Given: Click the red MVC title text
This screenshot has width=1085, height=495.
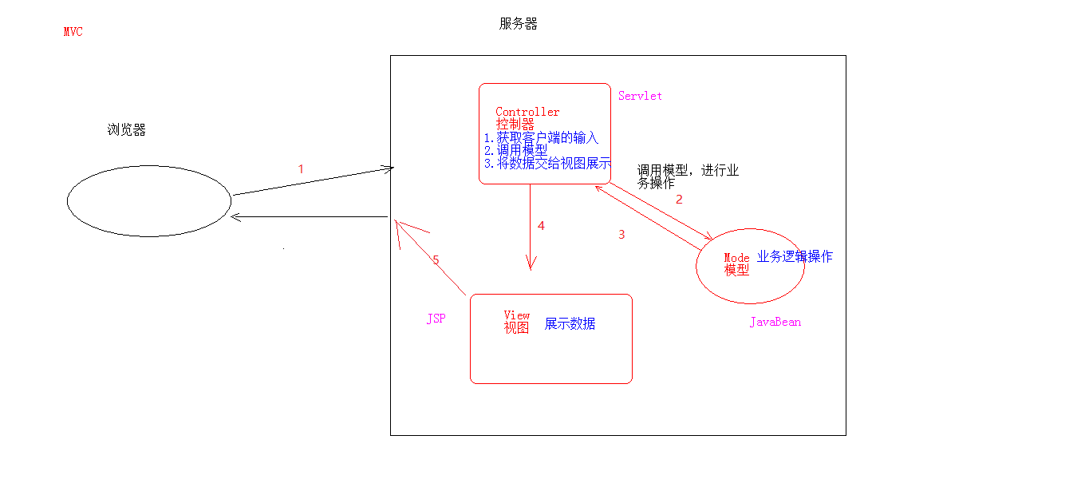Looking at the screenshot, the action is point(73,32).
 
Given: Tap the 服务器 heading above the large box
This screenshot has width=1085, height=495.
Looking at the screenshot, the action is point(519,24).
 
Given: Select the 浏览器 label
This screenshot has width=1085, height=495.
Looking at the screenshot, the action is point(126,130).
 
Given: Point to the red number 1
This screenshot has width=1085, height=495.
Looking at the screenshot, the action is point(301,169).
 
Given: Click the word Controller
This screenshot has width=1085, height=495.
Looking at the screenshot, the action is point(527,112).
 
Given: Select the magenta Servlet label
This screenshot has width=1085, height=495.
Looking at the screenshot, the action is point(640,96).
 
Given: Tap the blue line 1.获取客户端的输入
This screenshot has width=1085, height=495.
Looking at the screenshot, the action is point(541,137).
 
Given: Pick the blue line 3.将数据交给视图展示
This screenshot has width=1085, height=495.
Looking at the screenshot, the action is point(547,164).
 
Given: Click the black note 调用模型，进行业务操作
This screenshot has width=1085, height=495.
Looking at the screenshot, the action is point(688,176).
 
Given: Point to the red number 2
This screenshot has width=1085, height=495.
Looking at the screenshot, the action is point(679,200).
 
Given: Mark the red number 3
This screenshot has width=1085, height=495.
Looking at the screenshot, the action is point(621,235).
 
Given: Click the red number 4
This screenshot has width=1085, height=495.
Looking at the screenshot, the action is point(541,226).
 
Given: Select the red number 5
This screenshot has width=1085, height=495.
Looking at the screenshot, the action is point(436,260).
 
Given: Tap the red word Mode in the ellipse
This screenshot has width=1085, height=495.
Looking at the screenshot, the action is point(736,258).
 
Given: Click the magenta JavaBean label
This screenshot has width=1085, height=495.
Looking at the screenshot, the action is point(775,322).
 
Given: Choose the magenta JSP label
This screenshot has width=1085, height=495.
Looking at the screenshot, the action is point(436,319).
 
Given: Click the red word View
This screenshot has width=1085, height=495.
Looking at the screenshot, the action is point(517,315).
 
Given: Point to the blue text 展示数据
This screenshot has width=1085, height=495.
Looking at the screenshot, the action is point(570,324).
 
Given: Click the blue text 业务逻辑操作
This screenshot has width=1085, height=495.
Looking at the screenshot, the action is point(795,256).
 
